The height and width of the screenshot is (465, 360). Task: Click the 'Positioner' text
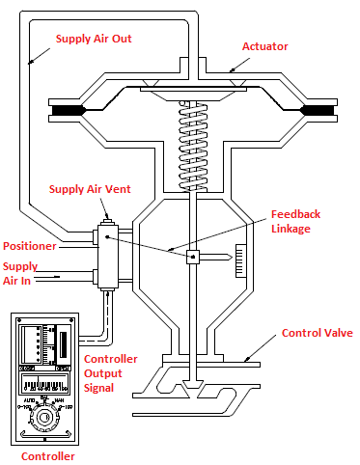32,246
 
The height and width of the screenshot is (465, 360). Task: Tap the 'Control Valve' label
316,333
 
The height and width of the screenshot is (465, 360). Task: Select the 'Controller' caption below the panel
48,455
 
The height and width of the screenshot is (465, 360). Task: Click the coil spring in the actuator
195,145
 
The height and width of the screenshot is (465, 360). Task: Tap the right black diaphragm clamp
318,111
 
